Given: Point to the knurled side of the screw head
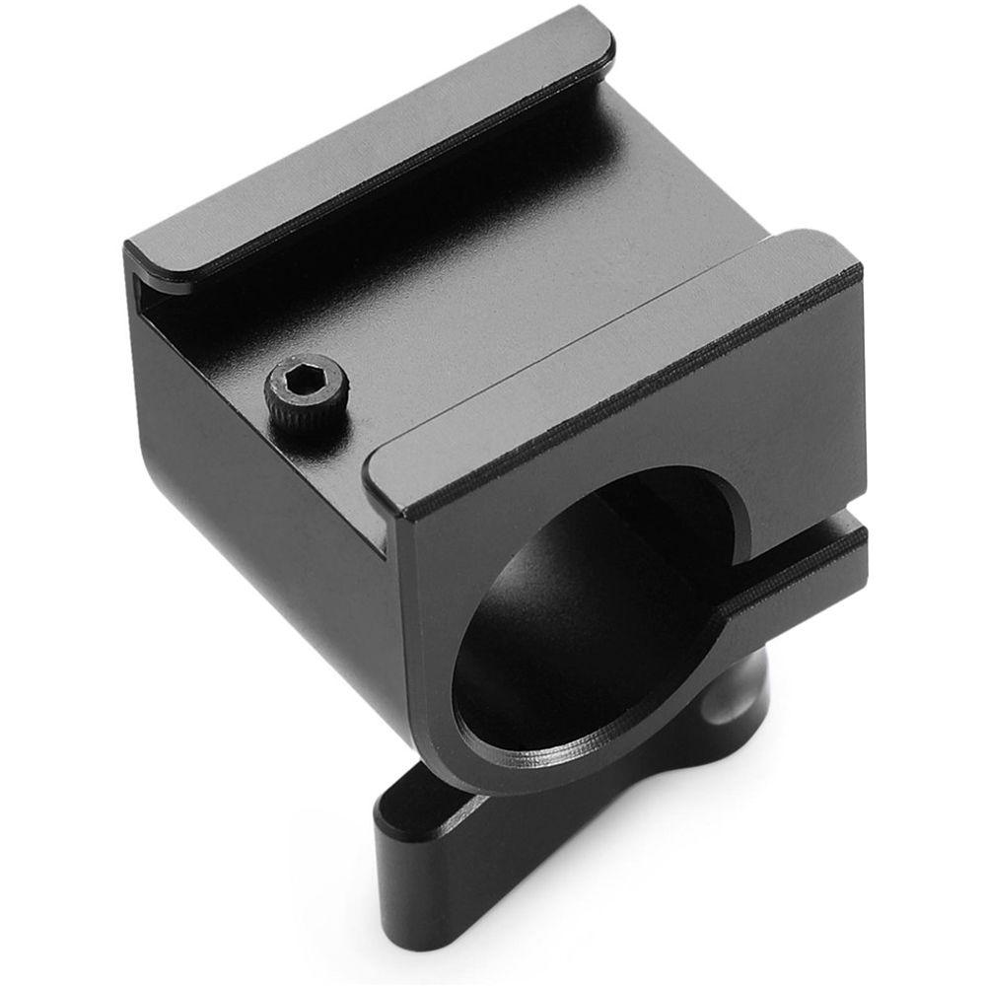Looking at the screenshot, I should [x=286, y=410].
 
